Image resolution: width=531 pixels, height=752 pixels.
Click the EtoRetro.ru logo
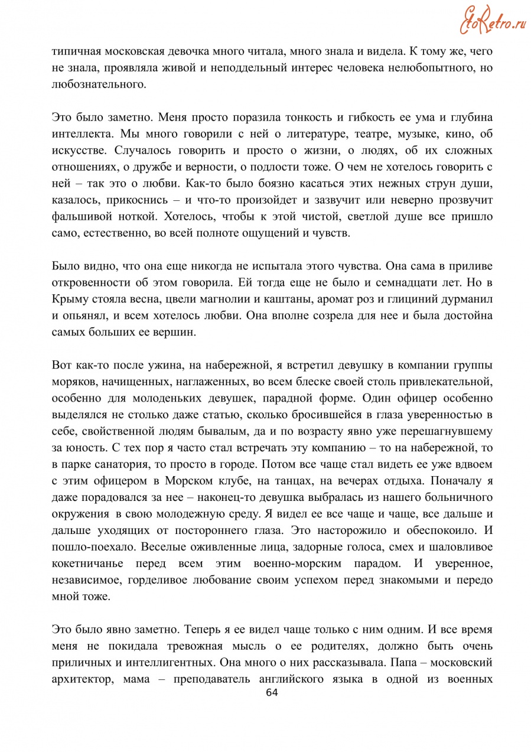point(493,20)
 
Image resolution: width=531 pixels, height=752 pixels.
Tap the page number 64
point(272,693)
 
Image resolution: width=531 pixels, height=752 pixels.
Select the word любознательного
point(99,84)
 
